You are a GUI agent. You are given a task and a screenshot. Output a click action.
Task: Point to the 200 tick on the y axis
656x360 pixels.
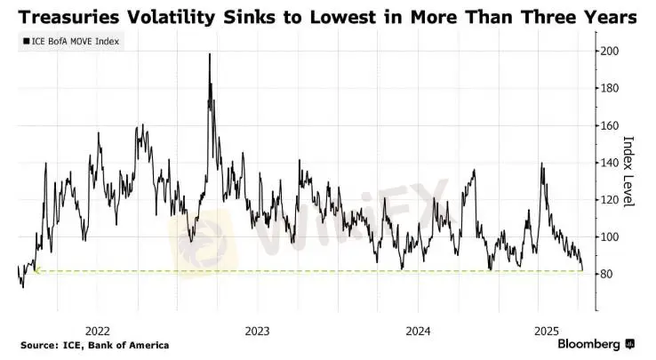coord(609,51)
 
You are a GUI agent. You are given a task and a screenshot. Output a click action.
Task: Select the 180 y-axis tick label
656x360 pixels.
coord(609,88)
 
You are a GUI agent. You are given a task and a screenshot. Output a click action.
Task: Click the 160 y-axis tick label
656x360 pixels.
coord(609,125)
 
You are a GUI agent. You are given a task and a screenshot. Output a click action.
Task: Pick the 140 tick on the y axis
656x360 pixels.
coord(609,163)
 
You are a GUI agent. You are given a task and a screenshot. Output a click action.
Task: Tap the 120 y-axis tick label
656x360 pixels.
coord(609,200)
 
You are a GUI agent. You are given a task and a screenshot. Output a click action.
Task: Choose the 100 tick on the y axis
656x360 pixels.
coord(609,237)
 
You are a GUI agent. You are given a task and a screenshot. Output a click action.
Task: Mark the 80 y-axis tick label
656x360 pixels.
coord(606,275)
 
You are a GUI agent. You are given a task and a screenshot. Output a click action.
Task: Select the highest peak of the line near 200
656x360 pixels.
coord(210,54)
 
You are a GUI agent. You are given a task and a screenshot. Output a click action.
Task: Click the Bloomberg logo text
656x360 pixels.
coord(589,344)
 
